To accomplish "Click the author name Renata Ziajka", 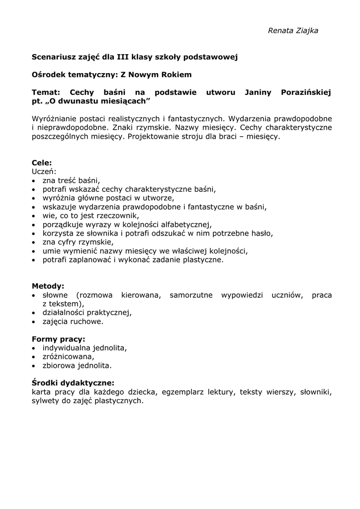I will coord(293,31).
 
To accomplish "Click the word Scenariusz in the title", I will coord(53,57).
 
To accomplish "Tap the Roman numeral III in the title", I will coord(123,57).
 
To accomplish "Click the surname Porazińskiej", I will coord(306,92).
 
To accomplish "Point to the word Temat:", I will coord(46,92).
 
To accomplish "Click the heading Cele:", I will coord(42,163).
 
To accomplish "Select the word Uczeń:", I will coord(44,171).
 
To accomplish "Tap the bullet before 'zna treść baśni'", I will coord(33,181).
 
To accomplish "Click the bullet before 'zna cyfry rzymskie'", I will coord(33,243).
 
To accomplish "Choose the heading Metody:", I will coord(48,286).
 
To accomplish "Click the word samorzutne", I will coord(191,295).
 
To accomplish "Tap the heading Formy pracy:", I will coord(58,339).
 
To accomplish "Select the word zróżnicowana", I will coord(68,357).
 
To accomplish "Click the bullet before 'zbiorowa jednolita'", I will coord(33,366).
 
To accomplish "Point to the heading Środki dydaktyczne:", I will coord(73,383).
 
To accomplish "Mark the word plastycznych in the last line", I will coord(118,401).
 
